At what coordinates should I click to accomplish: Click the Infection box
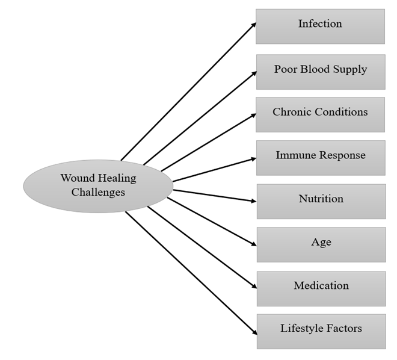pos(320,26)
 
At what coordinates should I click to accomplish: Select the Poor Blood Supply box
pos(320,72)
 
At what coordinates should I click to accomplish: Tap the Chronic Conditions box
pos(320,114)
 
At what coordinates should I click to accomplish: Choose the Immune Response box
pos(320,158)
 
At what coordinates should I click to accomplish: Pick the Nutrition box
pos(321,201)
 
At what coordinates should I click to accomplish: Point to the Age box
pos(321,244)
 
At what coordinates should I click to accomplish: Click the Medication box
pos(321,288)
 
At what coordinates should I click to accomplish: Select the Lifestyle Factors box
pos(321,331)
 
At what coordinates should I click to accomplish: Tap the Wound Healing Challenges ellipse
pos(97,185)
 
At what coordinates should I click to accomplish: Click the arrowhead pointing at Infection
pos(253,25)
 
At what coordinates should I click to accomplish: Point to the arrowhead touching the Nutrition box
pos(253,201)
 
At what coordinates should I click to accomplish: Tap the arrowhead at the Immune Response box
pos(253,158)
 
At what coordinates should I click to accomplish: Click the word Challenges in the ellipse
pos(98,193)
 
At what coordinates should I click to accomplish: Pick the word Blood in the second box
pos(320,69)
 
